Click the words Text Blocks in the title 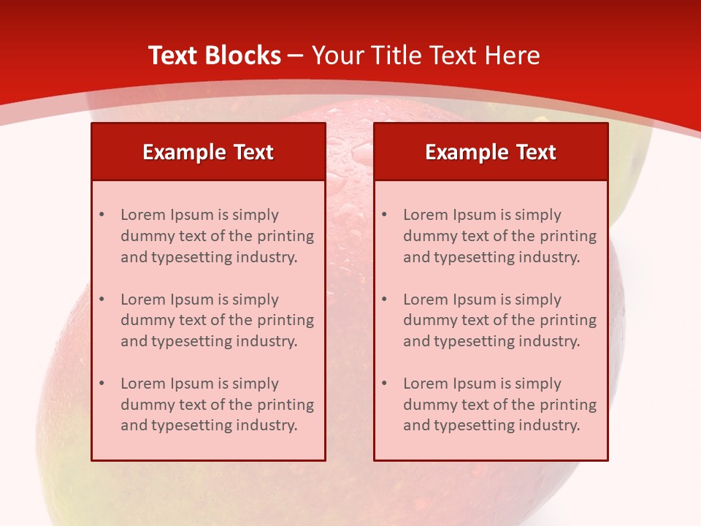click(214, 56)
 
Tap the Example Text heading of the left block click(208, 152)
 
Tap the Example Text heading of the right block click(491, 152)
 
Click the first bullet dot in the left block click(101, 215)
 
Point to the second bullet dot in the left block click(101, 300)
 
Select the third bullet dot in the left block click(101, 384)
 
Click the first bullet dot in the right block click(384, 215)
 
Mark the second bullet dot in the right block click(384, 300)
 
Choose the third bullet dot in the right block click(384, 384)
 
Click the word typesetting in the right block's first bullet click(474, 257)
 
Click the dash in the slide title click(296, 56)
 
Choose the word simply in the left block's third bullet click(256, 384)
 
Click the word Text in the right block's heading click(536, 152)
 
